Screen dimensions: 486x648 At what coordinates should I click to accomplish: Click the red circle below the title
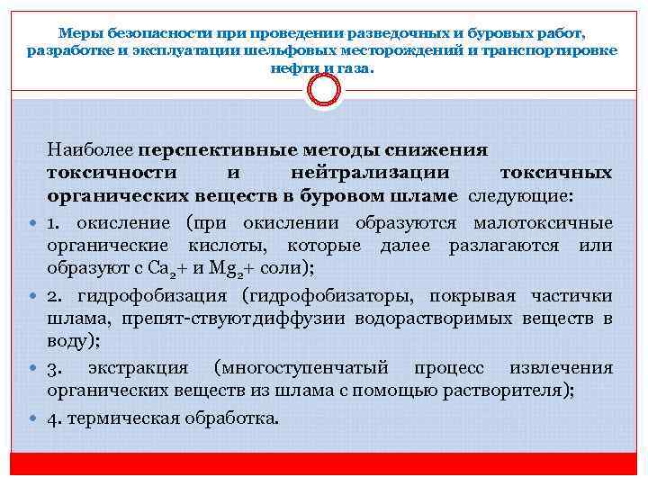click(323, 89)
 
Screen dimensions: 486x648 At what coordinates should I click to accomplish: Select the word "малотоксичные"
click(546, 222)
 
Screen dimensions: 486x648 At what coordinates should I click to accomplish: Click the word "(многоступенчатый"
click(301, 368)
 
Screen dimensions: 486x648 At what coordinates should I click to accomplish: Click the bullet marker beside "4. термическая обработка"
click(32, 418)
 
